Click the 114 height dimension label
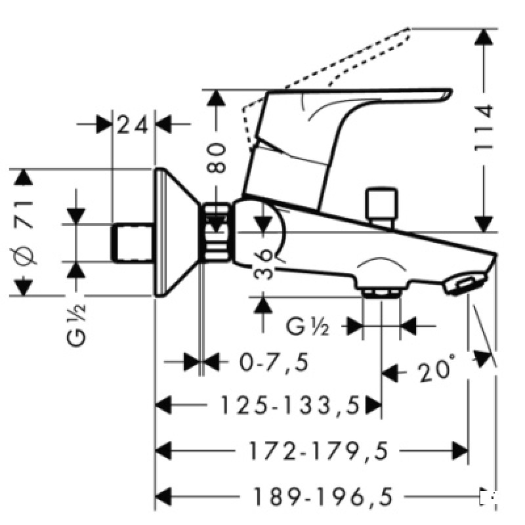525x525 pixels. (x=484, y=129)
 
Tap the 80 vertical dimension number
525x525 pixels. (x=217, y=157)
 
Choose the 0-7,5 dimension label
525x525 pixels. (x=264, y=362)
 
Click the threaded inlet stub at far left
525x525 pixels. (x=135, y=242)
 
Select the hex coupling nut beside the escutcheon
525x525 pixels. (x=217, y=233)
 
